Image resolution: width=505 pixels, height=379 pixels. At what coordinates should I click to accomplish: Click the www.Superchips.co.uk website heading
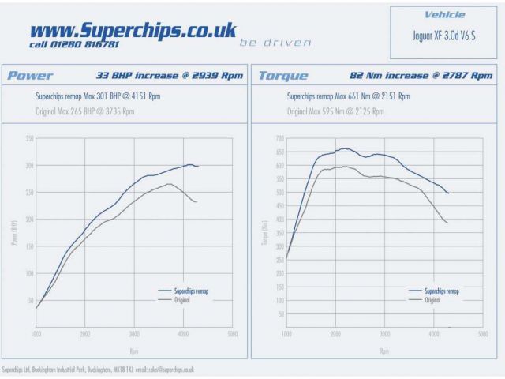(133, 30)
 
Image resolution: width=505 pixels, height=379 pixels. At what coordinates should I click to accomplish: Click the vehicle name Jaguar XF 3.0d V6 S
(444, 36)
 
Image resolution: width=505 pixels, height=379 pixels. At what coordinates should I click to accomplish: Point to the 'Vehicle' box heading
(444, 14)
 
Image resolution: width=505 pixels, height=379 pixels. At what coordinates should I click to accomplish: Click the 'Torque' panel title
(279, 76)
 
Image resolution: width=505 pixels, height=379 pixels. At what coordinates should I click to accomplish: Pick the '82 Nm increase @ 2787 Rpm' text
(421, 76)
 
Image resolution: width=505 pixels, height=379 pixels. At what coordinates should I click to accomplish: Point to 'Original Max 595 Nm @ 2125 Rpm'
(335, 111)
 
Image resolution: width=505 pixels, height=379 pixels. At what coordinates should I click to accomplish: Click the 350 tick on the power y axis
(28, 139)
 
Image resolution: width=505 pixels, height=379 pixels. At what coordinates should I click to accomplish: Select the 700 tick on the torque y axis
(279, 139)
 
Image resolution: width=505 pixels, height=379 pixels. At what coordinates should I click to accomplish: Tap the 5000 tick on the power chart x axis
(231, 335)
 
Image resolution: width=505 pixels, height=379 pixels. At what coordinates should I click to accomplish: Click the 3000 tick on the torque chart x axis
(384, 335)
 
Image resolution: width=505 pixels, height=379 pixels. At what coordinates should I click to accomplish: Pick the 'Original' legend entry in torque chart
(432, 300)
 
